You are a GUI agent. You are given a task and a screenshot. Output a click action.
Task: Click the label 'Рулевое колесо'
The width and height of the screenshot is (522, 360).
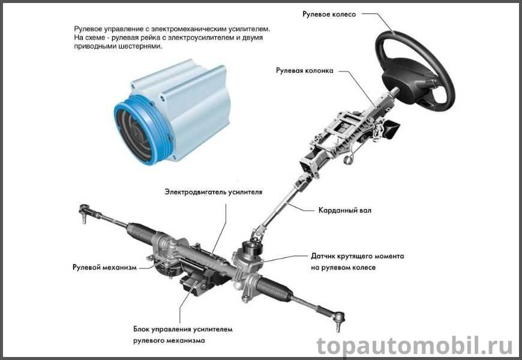coord(329,14)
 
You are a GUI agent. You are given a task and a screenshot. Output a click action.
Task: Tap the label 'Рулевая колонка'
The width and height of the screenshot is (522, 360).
coord(305,71)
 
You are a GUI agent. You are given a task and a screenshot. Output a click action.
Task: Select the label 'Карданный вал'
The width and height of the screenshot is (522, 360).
coord(345,211)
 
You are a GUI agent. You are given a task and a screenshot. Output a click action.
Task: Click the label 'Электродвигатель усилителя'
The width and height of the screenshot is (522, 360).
coord(214,192)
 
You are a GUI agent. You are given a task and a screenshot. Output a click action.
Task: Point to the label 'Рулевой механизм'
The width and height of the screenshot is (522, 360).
coord(104,268)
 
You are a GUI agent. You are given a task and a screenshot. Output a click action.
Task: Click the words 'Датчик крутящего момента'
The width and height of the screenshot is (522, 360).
coord(358,256)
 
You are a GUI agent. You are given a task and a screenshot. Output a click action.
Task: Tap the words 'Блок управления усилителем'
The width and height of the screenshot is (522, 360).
coord(183,329)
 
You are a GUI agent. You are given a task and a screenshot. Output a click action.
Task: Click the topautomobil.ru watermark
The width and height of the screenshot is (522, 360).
coord(415,346)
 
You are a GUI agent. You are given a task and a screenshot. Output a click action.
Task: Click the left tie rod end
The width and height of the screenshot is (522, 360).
coord(86,213)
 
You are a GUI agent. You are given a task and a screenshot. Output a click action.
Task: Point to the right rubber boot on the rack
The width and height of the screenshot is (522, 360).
coord(275,288)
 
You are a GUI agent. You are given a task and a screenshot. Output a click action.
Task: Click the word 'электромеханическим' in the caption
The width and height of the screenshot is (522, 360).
coord(184,29)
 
